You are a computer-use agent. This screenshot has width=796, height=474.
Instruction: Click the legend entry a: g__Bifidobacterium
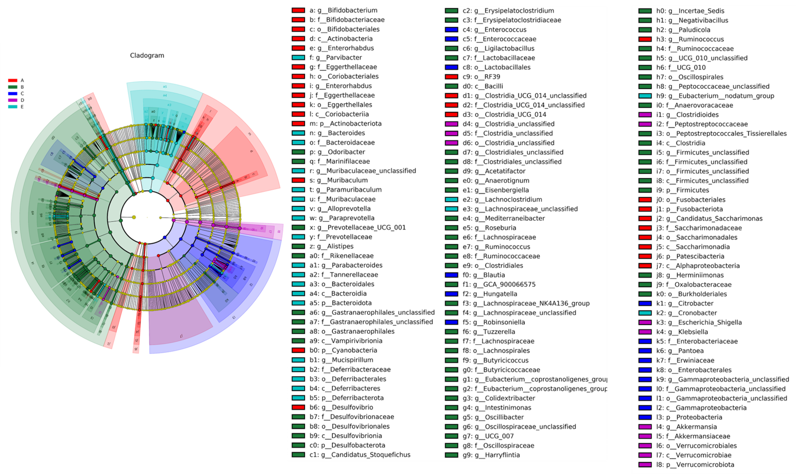point(343,10)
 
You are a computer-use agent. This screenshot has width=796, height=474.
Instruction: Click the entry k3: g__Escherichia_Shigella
point(699,322)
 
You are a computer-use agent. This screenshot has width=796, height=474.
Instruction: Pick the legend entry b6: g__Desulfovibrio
point(341,407)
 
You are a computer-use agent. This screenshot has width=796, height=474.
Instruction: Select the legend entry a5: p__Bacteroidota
point(340,303)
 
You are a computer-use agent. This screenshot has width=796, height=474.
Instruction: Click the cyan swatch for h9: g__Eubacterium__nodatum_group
point(645,96)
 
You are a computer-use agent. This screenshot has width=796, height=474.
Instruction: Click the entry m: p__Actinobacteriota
point(345,124)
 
